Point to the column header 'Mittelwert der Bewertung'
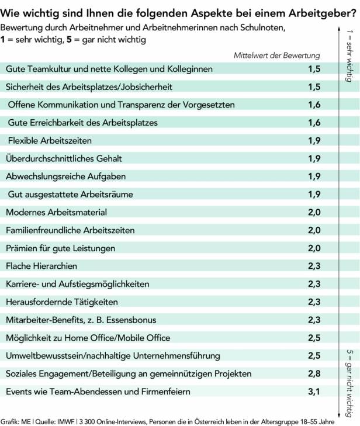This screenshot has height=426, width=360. pyautogui.click(x=276, y=56)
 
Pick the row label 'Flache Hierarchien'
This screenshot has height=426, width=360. pyautogui.click(x=41, y=266)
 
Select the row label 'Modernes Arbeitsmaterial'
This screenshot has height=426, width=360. pyautogui.click(x=56, y=212)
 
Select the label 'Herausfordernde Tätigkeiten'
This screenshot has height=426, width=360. pyautogui.click(x=62, y=302)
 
